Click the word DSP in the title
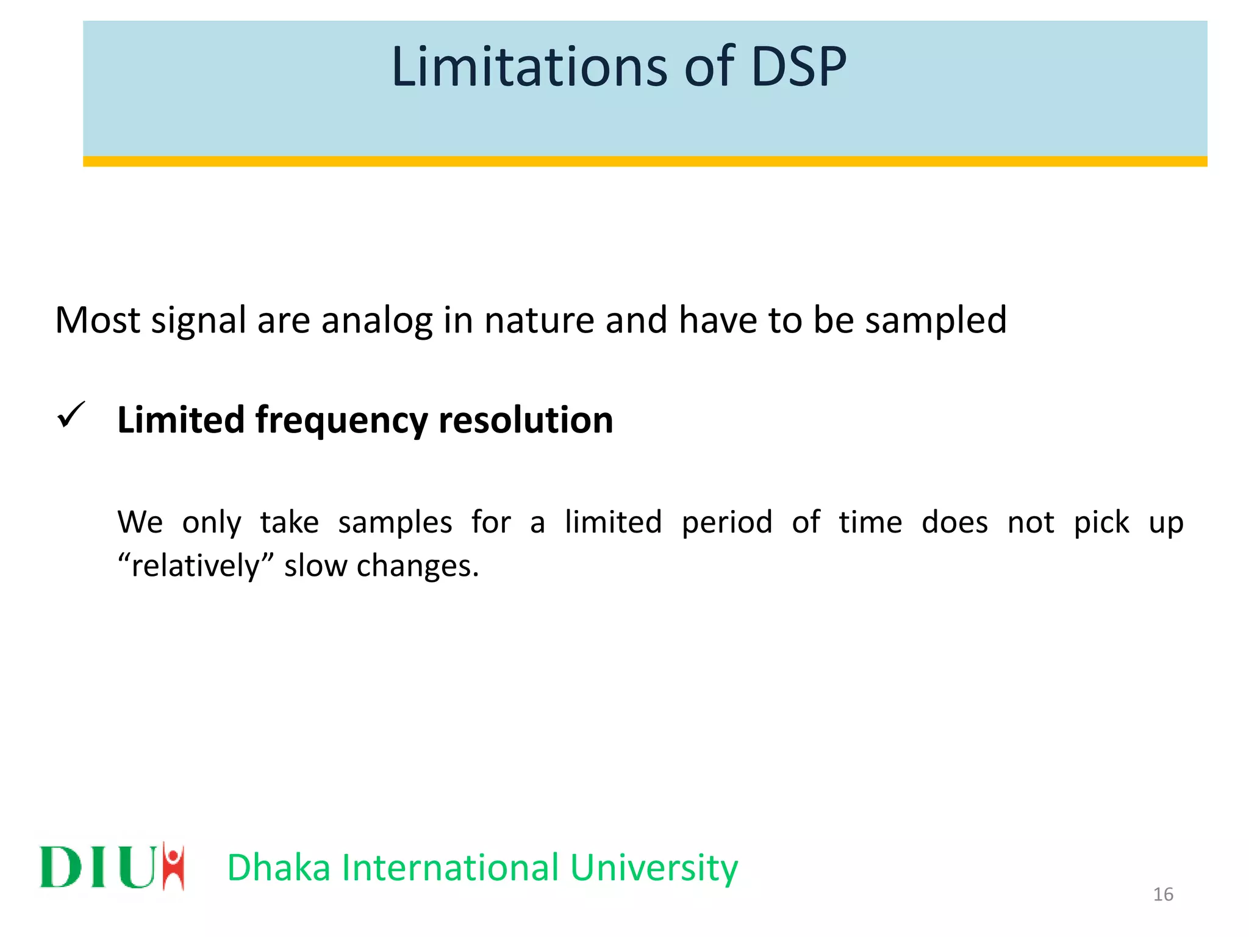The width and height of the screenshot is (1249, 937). point(798,66)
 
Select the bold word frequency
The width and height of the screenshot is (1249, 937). point(342,421)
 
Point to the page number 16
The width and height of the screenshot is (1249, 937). point(1163,894)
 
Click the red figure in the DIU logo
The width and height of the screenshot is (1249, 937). point(174,866)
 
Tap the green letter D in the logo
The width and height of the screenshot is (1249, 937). point(61,867)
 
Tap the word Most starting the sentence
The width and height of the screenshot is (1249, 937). point(98,320)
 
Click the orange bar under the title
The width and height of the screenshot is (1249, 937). point(645,161)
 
